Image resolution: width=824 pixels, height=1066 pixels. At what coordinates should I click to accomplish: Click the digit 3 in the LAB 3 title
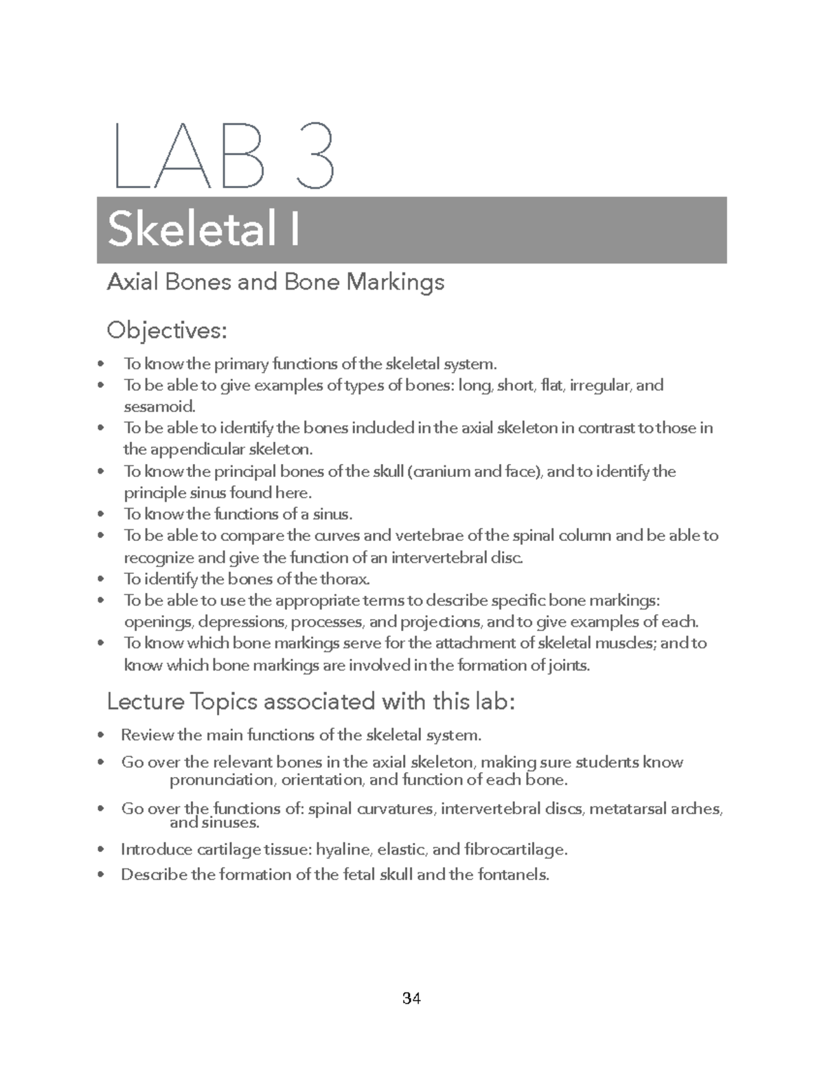[x=312, y=157]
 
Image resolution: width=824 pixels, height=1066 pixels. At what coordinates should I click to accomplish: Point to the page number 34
[x=411, y=998]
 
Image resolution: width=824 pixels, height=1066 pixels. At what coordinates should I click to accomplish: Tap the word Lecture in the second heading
[x=146, y=702]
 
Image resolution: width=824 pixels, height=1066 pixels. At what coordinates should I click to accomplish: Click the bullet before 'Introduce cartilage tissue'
[x=102, y=850]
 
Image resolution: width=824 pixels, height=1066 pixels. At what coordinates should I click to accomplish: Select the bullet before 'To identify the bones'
[x=102, y=579]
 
